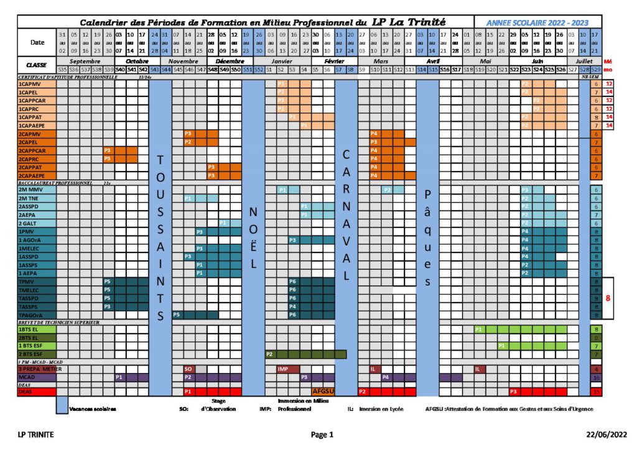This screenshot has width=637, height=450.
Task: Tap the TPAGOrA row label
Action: pyautogui.click(x=31, y=315)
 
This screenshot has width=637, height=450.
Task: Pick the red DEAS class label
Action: pyautogui.click(x=26, y=392)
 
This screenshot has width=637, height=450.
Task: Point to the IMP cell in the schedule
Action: pyautogui.click(x=282, y=369)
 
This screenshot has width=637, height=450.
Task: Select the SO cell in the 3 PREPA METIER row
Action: pyautogui.click(x=188, y=369)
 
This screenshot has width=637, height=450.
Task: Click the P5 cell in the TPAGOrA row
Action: pyautogui.click(x=177, y=315)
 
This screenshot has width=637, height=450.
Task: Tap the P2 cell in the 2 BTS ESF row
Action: pyautogui.click(x=270, y=354)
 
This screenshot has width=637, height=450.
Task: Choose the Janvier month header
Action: pyautogui.click(x=282, y=62)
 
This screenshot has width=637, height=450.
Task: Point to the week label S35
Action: pyautogui.click(x=62, y=70)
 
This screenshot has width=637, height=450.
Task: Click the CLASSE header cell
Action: pyautogui.click(x=36, y=65)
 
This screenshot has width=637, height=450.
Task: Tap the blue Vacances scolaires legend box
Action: pyautogui.click(x=62, y=405)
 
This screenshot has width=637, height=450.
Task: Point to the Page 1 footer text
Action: pyautogui.click(x=322, y=434)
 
